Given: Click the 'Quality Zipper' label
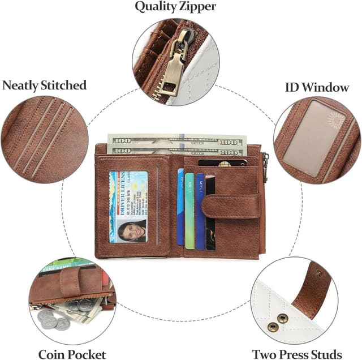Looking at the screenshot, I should [x=175, y=7].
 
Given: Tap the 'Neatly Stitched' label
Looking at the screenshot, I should [x=45, y=85].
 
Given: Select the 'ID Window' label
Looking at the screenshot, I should [x=317, y=87].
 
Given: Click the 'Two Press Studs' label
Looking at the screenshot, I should [x=297, y=354].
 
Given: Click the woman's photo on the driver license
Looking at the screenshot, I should [x=131, y=230].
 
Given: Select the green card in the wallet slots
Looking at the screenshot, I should [x=189, y=211].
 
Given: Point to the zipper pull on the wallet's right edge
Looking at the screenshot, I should [x=265, y=167].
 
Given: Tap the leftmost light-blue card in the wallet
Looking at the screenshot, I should [x=180, y=207].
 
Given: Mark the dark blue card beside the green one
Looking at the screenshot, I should [x=200, y=211].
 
